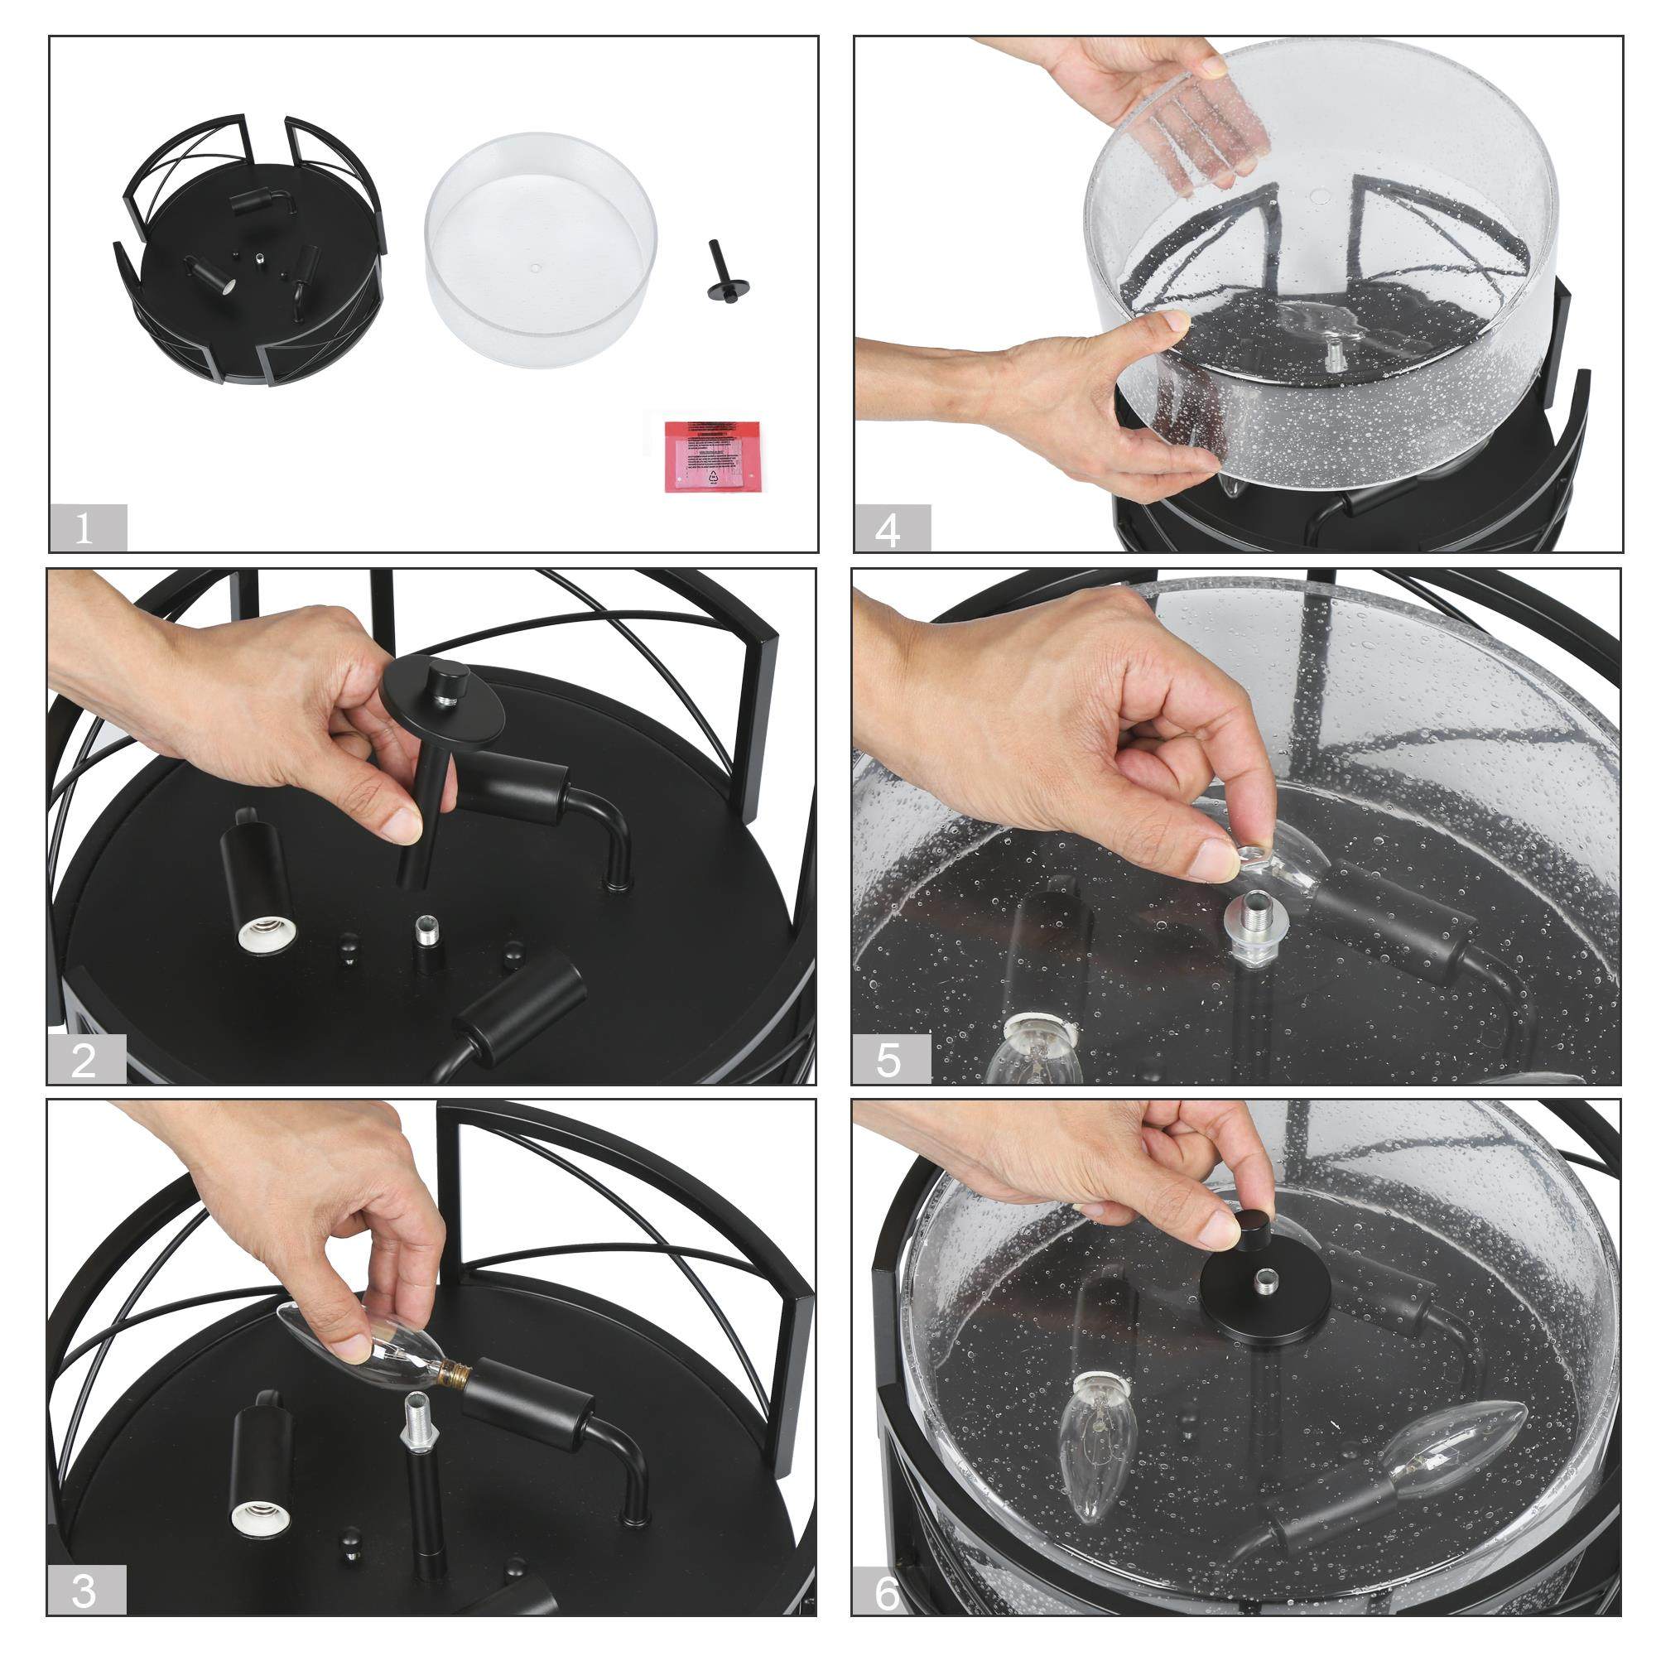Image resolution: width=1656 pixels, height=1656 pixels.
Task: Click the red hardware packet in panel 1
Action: tap(713, 455)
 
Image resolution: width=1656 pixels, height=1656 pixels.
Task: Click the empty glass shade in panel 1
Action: tap(541, 248)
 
